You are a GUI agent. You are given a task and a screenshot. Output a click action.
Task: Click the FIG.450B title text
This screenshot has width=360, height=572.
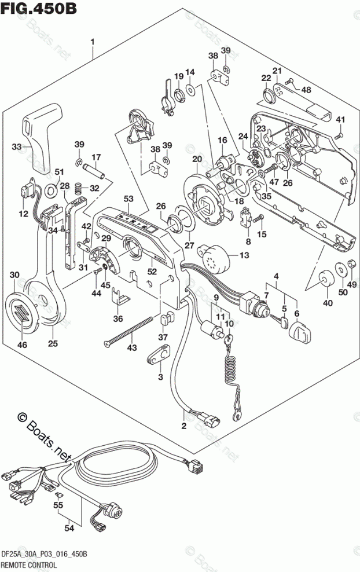(39, 8)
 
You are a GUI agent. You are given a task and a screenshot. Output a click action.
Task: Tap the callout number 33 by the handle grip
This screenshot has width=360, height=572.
(17, 147)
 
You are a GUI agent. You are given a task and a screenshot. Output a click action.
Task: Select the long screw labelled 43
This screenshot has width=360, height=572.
(128, 330)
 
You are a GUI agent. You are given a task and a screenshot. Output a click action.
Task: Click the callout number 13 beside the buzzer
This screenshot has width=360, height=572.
(244, 255)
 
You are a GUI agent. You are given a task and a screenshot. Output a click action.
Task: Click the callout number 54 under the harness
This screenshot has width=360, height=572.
(69, 528)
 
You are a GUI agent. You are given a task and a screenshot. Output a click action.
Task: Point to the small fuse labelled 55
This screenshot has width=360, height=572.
(58, 495)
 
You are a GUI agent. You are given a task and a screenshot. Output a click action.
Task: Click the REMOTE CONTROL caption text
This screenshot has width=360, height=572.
(29, 565)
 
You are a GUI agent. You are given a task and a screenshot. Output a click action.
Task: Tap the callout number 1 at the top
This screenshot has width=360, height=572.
(93, 42)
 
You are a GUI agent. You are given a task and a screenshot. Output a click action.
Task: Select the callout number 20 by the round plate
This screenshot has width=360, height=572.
(197, 159)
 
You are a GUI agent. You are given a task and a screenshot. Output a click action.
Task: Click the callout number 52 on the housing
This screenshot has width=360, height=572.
(152, 271)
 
